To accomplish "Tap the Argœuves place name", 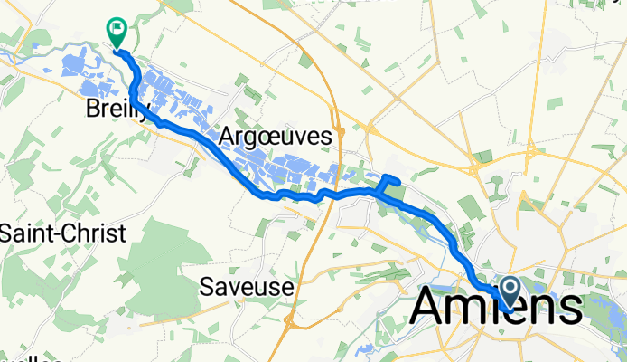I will click(276, 136).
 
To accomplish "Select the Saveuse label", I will click(247, 287).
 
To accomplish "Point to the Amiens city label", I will click(495, 308).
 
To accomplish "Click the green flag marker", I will click(117, 33).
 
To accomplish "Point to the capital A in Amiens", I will click(432, 308).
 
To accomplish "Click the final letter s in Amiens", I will click(566, 310).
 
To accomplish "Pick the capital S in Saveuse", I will click(206, 287).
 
